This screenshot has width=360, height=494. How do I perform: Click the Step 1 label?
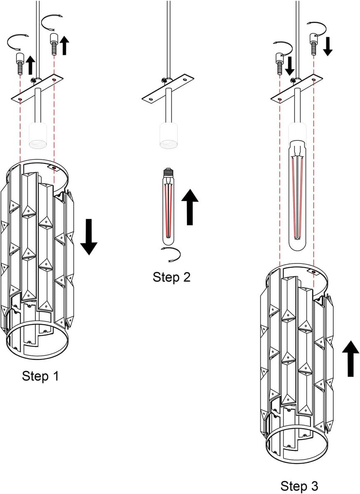40,375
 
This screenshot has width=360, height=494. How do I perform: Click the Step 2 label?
171,277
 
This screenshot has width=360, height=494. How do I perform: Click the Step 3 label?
299,486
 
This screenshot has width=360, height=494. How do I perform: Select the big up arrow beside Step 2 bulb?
189,207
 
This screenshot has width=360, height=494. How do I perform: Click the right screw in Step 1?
54,44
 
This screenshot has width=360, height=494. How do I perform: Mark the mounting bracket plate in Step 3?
297,87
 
